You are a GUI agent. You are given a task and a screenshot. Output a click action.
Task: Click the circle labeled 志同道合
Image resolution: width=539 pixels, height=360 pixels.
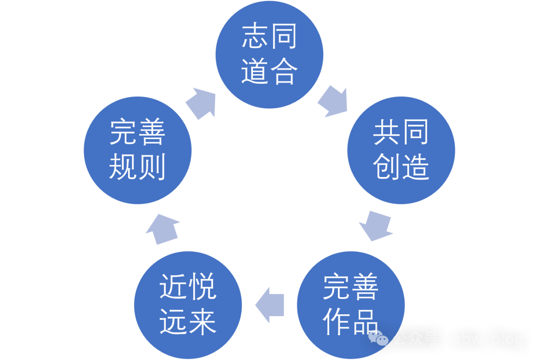coord(269,55)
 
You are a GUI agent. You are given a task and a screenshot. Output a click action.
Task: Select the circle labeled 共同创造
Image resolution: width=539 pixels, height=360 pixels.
coord(401,150)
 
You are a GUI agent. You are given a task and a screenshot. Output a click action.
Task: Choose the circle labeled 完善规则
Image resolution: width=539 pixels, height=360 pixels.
coord(137,150)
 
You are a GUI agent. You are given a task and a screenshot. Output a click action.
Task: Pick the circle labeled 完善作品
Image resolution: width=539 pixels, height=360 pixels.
coord(351,305)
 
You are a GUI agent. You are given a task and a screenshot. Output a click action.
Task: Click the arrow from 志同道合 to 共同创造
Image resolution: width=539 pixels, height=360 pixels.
coord(332,101)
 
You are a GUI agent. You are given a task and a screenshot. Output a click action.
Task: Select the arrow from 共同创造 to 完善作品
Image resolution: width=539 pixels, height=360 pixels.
coord(375,226)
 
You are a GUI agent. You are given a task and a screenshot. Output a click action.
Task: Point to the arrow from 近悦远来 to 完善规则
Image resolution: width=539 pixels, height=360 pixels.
coord(163,228)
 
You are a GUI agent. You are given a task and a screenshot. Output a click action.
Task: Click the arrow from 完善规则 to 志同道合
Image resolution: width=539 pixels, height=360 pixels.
coord(202,102)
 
